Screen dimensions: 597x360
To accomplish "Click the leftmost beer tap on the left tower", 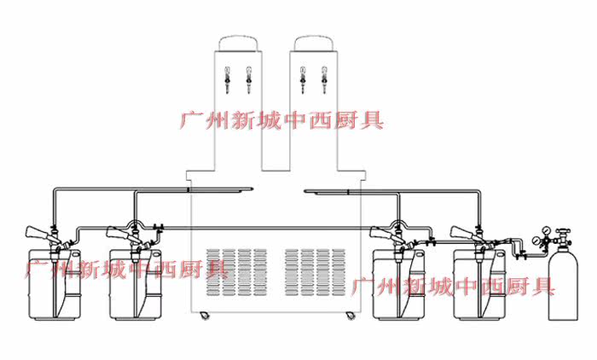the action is [228, 80].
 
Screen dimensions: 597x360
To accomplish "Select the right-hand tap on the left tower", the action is [249, 80].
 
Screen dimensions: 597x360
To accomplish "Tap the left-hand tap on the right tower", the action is [303, 80].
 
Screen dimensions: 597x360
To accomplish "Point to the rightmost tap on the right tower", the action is [324, 80].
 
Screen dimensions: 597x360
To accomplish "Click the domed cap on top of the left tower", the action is [238, 43].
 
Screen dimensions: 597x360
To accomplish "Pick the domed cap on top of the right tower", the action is [314, 43].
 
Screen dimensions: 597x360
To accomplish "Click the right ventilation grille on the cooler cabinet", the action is [316, 272].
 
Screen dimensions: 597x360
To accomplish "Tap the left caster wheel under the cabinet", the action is [206, 316].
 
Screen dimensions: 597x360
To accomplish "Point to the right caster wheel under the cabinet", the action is [350, 316].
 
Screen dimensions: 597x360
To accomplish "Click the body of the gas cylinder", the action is [563, 286].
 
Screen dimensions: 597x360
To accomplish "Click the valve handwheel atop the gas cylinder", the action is [563, 232].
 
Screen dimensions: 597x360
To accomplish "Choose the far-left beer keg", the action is [55, 285].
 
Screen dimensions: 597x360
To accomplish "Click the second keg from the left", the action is [135, 285].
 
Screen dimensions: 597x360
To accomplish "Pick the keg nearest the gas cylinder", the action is [479, 285].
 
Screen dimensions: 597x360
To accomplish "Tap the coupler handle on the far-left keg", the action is [38, 232].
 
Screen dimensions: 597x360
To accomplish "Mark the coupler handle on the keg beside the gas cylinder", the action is [461, 232].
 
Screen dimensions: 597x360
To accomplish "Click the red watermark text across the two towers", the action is [281, 120].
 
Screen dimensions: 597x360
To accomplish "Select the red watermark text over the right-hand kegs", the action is [452, 287].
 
